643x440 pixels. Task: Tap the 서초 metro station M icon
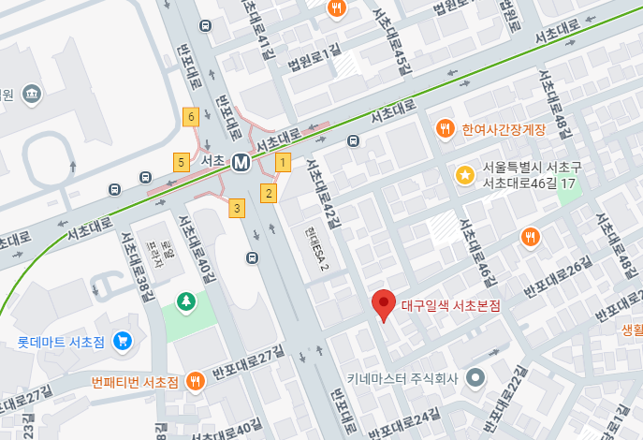[x=241, y=162]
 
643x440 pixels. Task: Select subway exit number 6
[x=191, y=117]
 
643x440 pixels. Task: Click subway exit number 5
[x=181, y=162]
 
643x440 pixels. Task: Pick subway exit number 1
[x=282, y=162]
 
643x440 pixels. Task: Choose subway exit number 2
[x=269, y=194]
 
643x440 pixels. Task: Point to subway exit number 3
[x=238, y=207]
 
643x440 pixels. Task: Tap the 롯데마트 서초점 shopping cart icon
[x=121, y=341]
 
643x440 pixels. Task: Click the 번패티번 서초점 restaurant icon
[x=196, y=381]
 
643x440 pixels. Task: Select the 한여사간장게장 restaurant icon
[x=446, y=128]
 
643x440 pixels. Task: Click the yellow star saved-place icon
[x=464, y=174]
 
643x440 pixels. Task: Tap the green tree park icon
[x=187, y=301]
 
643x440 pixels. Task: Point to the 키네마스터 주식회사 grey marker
[x=475, y=378]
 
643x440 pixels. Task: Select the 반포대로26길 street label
[x=558, y=278]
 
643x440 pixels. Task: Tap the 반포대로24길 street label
[x=403, y=424]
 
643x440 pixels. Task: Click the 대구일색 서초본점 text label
[x=450, y=305]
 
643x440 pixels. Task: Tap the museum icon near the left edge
[x=33, y=95]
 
